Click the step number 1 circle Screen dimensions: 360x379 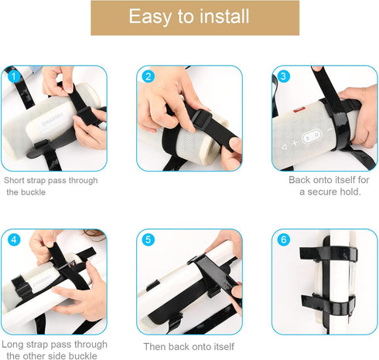tap(12, 76)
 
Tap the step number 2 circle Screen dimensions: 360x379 tap(149, 76)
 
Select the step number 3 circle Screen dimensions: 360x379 tap(283, 76)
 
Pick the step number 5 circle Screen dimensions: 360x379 tap(149, 239)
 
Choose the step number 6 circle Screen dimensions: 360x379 tap(283, 239)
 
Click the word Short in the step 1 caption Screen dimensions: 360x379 tap(18, 180)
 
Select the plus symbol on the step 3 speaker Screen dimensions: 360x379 tap(295, 143)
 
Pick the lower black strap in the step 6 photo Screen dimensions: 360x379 tap(325, 301)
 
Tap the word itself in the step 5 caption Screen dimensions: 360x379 tap(220, 346)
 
